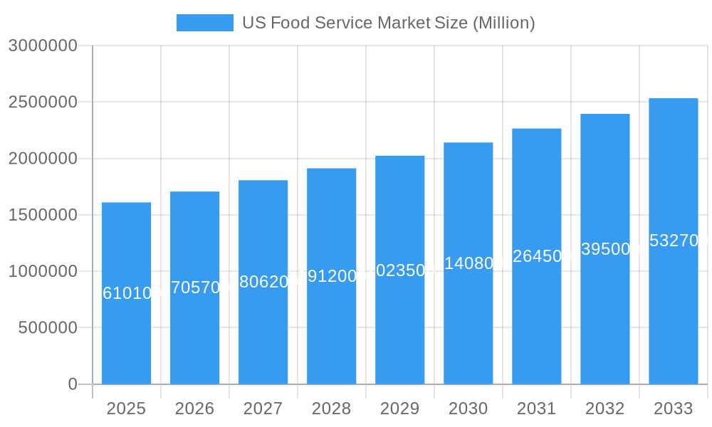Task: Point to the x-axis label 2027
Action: (x=263, y=408)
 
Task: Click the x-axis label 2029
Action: (x=399, y=408)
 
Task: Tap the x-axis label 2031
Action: (x=536, y=408)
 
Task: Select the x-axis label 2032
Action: (x=604, y=408)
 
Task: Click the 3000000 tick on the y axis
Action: (x=43, y=46)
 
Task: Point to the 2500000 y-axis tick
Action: (x=43, y=102)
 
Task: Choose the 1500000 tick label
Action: (x=43, y=215)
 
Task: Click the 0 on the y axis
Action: (x=73, y=384)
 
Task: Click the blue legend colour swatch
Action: (x=204, y=23)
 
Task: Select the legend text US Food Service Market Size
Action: (x=388, y=23)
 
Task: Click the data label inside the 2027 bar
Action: (x=263, y=282)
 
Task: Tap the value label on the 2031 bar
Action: (x=536, y=256)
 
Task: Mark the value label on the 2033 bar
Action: (x=673, y=241)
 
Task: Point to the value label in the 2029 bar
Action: (x=399, y=270)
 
